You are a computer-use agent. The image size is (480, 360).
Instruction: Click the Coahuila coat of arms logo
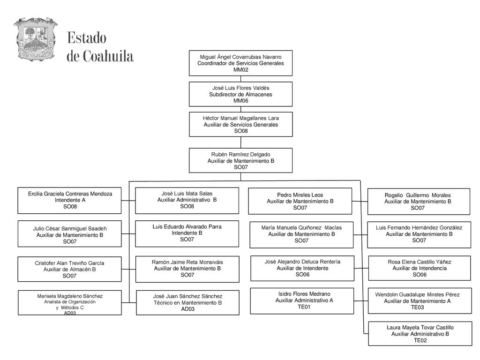pos(36,38)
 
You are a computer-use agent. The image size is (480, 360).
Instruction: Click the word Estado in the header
pos(87,38)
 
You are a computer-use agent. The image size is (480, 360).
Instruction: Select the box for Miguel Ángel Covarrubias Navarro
pos(240,63)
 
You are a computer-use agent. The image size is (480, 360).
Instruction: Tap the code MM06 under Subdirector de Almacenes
pos(240,101)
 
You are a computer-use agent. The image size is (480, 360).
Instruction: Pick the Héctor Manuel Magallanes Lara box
pos(240,124)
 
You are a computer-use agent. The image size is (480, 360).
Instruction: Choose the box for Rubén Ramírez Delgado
pos(240,161)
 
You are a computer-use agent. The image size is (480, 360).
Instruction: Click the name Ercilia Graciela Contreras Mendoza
pos(70,194)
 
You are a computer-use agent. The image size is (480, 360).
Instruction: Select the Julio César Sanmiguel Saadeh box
pos(69,233)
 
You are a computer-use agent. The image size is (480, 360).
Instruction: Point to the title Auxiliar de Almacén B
pos(69,270)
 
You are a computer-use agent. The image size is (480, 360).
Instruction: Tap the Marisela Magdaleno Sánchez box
pos(70,302)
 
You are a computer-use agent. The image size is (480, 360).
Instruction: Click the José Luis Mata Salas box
pos(187,201)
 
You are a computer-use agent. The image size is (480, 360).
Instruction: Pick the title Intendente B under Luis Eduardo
pos(187,233)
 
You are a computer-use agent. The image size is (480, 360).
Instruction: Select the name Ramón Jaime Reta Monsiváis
pos(187,262)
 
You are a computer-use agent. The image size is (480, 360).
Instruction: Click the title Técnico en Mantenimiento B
pos(187,303)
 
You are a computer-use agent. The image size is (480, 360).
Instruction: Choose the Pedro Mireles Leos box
pos(300,201)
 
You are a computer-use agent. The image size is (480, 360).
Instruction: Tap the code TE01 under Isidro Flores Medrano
pos(304,307)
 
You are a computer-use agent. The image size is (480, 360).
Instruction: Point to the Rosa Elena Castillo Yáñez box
pos(420,268)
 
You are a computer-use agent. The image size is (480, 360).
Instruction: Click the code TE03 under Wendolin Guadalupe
pos(418,307)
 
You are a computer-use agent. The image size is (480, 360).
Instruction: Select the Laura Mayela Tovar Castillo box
pos(420,334)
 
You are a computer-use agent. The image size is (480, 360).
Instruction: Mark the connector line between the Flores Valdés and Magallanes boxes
pos(240,109)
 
